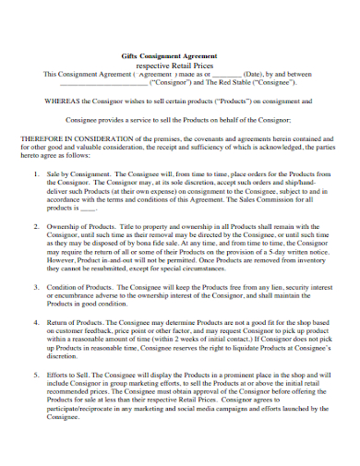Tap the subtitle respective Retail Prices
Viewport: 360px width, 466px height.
(180, 66)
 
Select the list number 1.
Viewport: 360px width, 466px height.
(36, 173)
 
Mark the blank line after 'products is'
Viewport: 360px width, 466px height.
(88, 209)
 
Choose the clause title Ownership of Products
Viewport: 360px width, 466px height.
(82, 226)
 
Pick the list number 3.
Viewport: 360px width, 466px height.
(36, 288)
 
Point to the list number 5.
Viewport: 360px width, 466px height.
(36, 377)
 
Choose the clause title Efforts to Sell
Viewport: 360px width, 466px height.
(68, 377)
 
